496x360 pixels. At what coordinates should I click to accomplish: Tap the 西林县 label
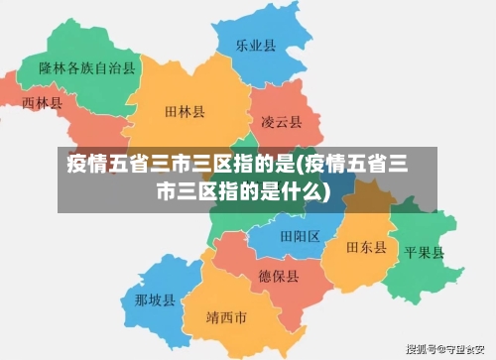click(x=43, y=103)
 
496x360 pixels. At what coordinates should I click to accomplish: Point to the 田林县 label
click(x=185, y=114)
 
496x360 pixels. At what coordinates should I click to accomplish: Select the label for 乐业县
click(x=255, y=46)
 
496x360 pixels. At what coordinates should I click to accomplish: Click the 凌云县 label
click(x=282, y=122)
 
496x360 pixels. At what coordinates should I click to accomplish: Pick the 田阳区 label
click(x=300, y=236)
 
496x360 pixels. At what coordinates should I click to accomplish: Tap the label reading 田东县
click(x=366, y=246)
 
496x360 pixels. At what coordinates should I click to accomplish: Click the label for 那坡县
click(x=155, y=300)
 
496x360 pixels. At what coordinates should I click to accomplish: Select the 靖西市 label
click(x=226, y=318)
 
